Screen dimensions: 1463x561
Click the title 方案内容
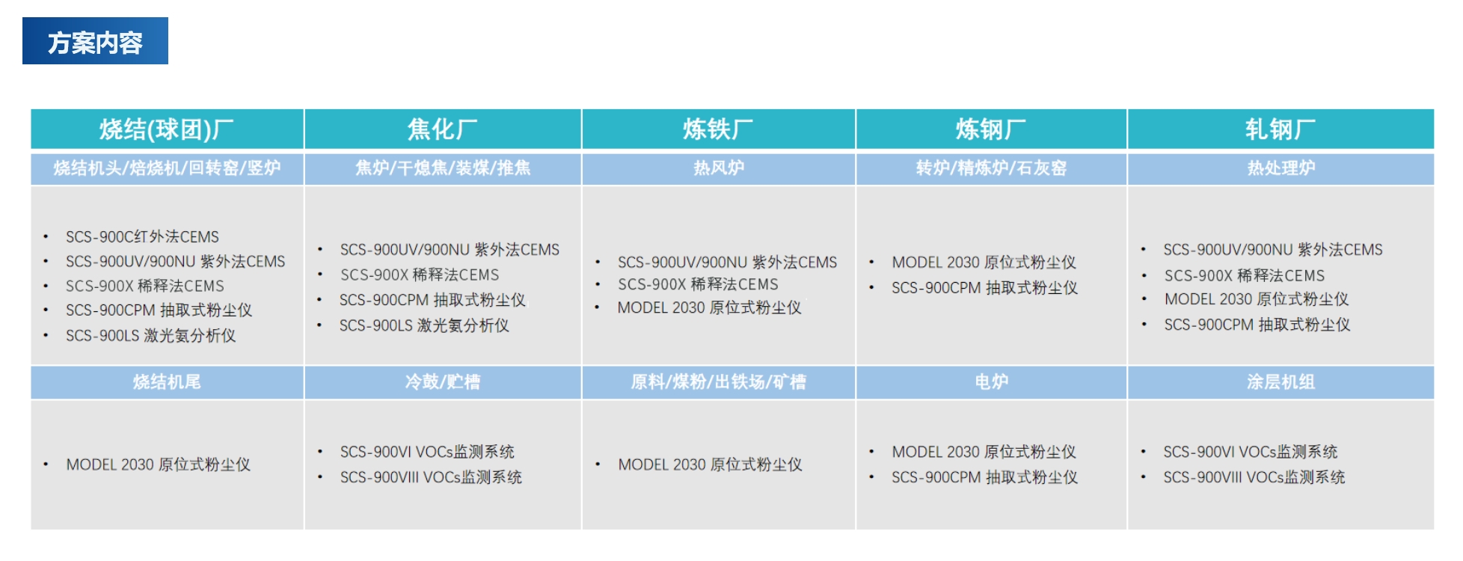pos(95,43)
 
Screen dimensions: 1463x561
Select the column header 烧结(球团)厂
pos(167,129)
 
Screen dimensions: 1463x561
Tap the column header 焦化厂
pos(443,129)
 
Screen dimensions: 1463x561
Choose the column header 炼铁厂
pos(718,129)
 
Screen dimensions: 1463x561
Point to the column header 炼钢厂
pos(991,129)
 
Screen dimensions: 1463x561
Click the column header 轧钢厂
pos(1280,129)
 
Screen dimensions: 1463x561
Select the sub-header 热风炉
pos(719,168)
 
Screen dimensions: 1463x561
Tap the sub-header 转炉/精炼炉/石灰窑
pos(991,168)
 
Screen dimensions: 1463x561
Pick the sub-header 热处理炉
pos(1280,168)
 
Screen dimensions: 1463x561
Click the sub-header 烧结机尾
pos(167,382)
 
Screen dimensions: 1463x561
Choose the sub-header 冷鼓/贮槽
pos(443,382)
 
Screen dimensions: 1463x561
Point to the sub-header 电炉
pos(991,382)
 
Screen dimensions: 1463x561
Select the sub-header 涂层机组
pos(1280,382)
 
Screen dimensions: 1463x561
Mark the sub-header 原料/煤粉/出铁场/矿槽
pos(718,382)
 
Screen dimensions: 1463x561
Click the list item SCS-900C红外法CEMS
pos(142,236)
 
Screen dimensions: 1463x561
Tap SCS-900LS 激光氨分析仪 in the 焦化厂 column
pos(424,325)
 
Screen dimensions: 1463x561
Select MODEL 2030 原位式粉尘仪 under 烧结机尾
pos(159,465)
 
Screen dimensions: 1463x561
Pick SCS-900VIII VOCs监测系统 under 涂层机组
pos(1254,477)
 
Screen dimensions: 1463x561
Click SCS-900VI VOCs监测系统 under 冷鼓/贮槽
pos(427,452)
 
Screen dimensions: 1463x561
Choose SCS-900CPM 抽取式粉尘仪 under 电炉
pos(984,477)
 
